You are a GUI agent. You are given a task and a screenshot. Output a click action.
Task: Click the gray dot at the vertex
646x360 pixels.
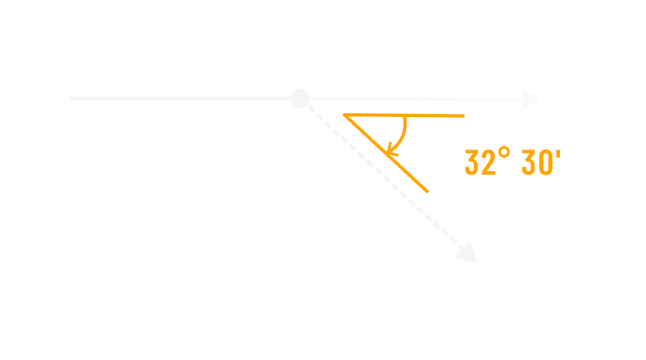(299, 99)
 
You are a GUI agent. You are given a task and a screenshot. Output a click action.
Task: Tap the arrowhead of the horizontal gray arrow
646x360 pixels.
(530, 100)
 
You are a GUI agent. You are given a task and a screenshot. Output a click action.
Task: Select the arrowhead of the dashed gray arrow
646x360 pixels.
(467, 253)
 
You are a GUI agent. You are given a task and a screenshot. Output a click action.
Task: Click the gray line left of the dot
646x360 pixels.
(185, 99)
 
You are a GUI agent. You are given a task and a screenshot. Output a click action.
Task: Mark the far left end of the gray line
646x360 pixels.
(71, 99)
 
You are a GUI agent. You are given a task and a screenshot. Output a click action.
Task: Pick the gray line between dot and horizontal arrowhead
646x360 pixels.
(415, 99)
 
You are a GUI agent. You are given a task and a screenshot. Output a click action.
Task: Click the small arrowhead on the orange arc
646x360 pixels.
(391, 151)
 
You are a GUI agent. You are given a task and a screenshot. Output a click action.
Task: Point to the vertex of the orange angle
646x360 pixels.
(345, 115)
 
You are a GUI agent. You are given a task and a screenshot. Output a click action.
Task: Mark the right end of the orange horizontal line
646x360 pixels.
(463, 116)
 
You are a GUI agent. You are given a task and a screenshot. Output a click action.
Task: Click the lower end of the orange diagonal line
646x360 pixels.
(427, 191)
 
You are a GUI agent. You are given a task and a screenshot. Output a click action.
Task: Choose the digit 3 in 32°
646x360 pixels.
(472, 163)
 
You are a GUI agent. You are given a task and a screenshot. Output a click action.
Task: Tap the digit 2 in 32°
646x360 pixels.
(488, 163)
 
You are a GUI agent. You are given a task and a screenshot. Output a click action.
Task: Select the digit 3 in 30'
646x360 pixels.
(529, 163)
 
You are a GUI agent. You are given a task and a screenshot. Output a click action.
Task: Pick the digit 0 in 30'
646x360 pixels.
(546, 163)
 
